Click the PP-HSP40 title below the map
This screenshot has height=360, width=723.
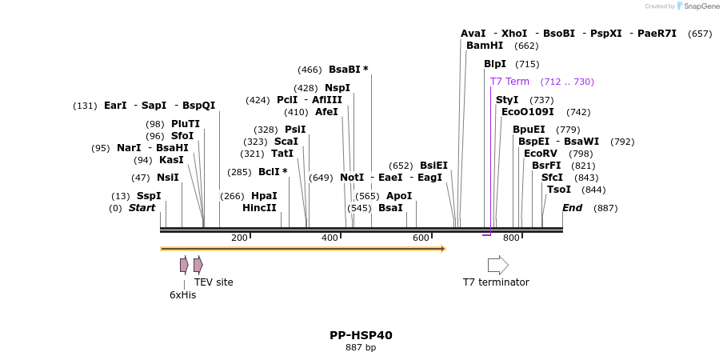[361, 335]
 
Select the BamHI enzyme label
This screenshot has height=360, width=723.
[485, 46]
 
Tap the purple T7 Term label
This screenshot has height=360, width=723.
[509, 82]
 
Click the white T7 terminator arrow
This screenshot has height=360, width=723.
[497, 265]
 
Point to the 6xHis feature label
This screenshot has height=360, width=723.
[182, 294]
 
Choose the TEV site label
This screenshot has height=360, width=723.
[214, 282]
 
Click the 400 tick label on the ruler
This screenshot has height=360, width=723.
[330, 238]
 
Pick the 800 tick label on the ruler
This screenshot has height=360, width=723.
[511, 238]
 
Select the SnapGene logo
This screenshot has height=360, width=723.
[697, 6]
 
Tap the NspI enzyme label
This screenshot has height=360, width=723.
[338, 88]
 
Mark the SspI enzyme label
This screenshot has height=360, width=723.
[149, 196]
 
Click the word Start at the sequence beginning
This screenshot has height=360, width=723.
[142, 208]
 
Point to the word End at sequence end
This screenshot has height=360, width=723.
[572, 208]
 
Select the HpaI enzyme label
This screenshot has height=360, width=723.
[264, 196]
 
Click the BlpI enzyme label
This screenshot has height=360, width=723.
[495, 64]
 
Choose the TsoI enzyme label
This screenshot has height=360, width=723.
[559, 190]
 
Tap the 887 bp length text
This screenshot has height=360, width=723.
[361, 347]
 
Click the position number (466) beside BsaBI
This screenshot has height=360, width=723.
[310, 70]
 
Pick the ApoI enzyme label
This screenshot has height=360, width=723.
[399, 196]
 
